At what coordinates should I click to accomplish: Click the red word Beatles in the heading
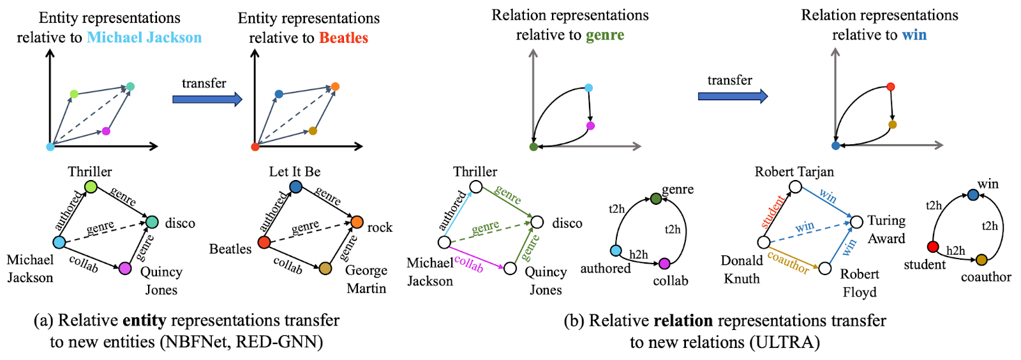coord(343,38)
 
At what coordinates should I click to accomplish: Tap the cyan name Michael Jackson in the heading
coord(144,38)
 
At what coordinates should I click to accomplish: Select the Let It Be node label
coord(295,172)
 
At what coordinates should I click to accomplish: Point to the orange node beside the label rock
coord(357,222)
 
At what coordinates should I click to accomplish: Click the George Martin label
coord(366,280)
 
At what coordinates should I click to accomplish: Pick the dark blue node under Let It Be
coord(295,186)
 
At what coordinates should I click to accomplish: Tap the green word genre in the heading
coord(605,35)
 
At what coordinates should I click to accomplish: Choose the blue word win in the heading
coord(914,35)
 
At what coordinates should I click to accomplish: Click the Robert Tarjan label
coord(794,172)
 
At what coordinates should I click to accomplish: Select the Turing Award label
coord(886,229)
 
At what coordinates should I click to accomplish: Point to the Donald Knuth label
coord(742,269)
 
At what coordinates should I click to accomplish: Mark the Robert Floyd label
coord(860,283)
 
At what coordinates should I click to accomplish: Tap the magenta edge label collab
coord(469,263)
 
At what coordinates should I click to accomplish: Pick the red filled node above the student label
coord(933,246)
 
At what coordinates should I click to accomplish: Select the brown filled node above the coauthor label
coord(981,260)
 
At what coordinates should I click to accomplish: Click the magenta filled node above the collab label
coord(664,264)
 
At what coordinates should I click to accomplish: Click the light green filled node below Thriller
coord(91,186)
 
